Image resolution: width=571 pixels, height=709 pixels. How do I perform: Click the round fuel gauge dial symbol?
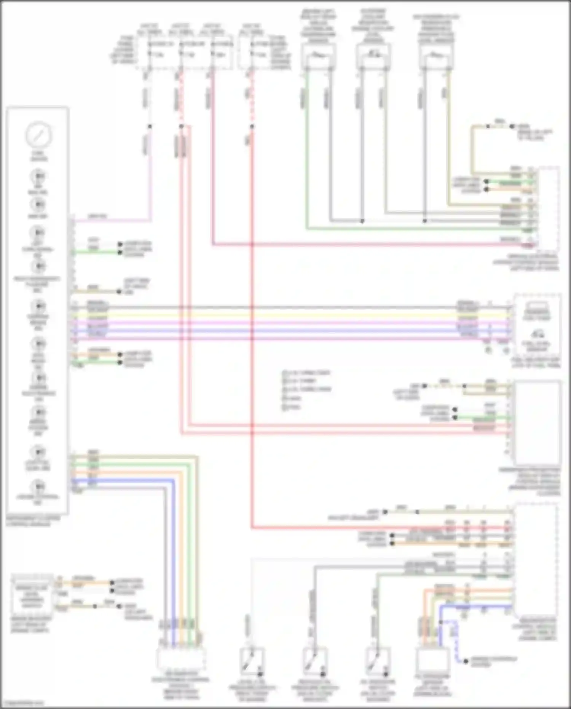[x=38, y=134]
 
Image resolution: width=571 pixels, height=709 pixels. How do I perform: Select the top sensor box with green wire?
[x=318, y=56]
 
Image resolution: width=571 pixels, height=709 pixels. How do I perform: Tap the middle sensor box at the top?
[x=373, y=56]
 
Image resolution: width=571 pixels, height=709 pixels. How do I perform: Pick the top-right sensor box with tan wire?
[x=437, y=56]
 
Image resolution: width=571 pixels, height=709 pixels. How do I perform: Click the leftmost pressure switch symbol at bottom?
[x=252, y=662]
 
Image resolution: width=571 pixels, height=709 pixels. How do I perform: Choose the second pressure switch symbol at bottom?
[x=315, y=662]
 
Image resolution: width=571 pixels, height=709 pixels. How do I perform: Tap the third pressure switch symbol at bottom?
[x=378, y=662]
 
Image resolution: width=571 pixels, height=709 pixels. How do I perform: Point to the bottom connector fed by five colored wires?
[x=181, y=659]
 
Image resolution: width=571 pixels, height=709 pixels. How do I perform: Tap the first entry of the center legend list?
[x=306, y=372]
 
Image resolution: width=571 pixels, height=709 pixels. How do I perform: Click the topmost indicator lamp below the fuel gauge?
[x=38, y=177]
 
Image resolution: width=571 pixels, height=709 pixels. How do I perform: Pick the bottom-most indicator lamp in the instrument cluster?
[x=38, y=487]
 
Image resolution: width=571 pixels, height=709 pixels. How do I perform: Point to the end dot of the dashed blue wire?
[x=466, y=661]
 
